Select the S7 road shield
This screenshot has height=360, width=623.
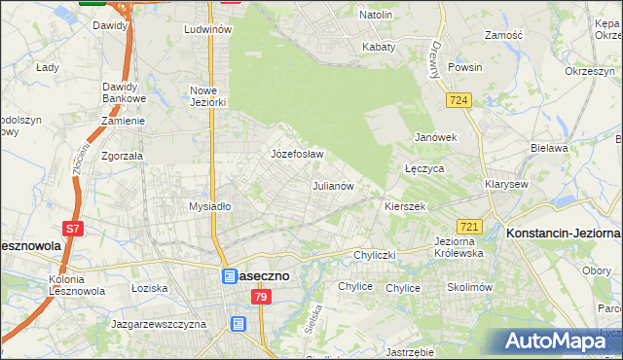(73, 230)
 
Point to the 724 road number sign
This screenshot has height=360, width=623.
(460, 100)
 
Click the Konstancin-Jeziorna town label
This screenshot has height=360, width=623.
(563, 234)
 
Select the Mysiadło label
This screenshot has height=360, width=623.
(209, 206)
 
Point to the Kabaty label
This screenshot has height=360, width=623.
(379, 47)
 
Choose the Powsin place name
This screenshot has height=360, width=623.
(465, 68)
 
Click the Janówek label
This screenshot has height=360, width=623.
(436, 137)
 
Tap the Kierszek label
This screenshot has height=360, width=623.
(406, 206)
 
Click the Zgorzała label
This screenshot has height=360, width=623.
(123, 156)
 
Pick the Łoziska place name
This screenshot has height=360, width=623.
(150, 288)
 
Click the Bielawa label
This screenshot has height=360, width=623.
(549, 148)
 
